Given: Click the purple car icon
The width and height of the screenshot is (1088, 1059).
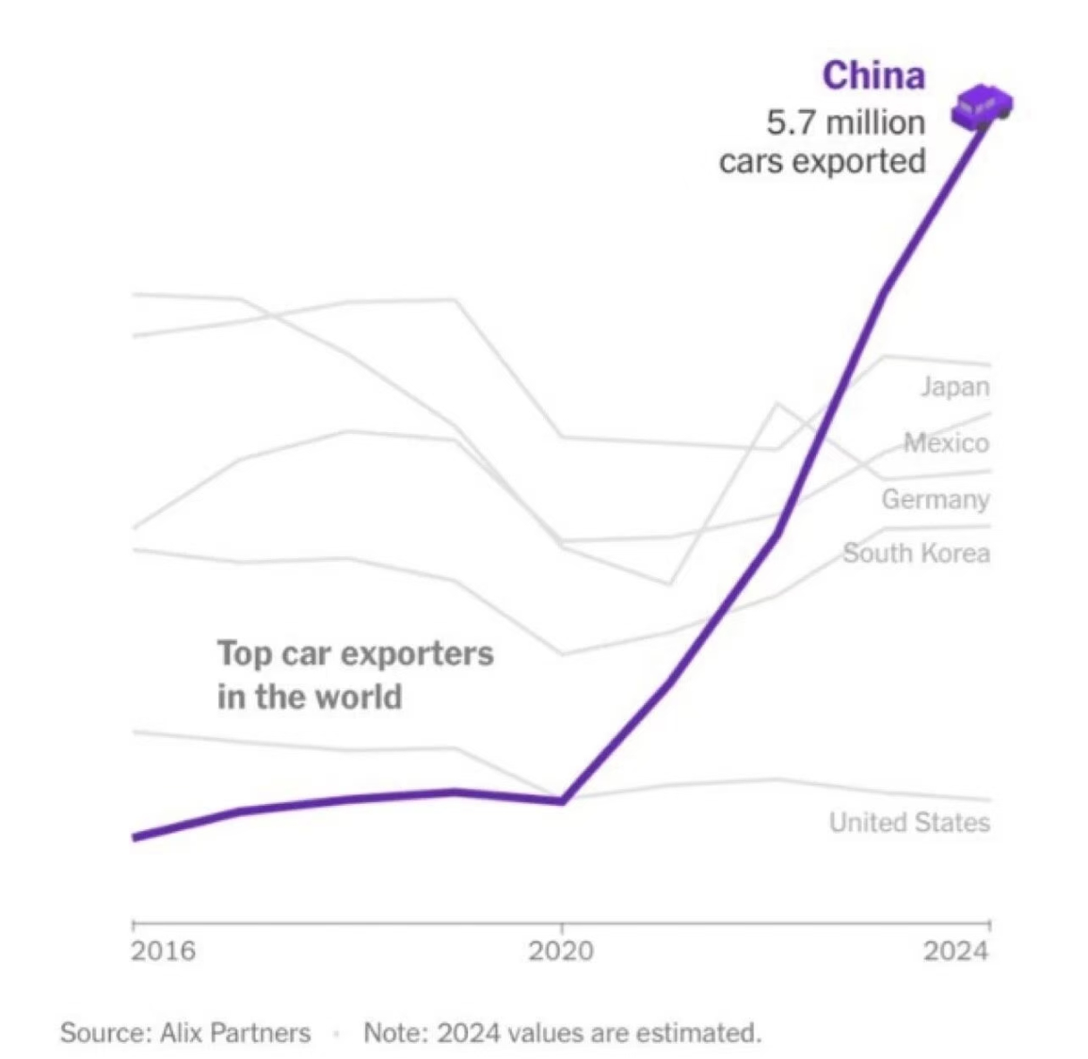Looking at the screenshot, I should point(983,104).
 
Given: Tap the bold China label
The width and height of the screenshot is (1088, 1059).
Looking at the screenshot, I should point(873,75).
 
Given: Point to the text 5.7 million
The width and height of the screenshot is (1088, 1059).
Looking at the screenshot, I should point(845,122).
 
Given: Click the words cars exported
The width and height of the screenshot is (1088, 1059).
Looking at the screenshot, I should point(822,161).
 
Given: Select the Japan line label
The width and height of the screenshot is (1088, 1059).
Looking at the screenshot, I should point(954,386).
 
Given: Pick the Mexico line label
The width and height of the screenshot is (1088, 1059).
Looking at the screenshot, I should point(946,442).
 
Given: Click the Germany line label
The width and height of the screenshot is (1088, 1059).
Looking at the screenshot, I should point(935,499).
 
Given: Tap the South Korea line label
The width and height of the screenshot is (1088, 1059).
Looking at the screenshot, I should point(916,553).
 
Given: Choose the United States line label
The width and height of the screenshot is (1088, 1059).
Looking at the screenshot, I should point(909,823).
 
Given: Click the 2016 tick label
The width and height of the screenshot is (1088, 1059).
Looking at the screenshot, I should point(164,951).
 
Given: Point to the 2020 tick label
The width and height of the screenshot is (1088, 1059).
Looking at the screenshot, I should point(561,951).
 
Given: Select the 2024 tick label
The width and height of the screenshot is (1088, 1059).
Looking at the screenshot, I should point(956,951).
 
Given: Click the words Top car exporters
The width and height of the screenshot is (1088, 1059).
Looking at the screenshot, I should point(355,653).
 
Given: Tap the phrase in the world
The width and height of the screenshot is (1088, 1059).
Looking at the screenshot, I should point(310,697).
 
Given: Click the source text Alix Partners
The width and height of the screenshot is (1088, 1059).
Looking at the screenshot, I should point(234,1033).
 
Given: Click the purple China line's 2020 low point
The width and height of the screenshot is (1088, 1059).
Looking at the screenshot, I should point(562,801).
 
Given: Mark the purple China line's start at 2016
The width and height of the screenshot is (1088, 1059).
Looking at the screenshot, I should point(135,837).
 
